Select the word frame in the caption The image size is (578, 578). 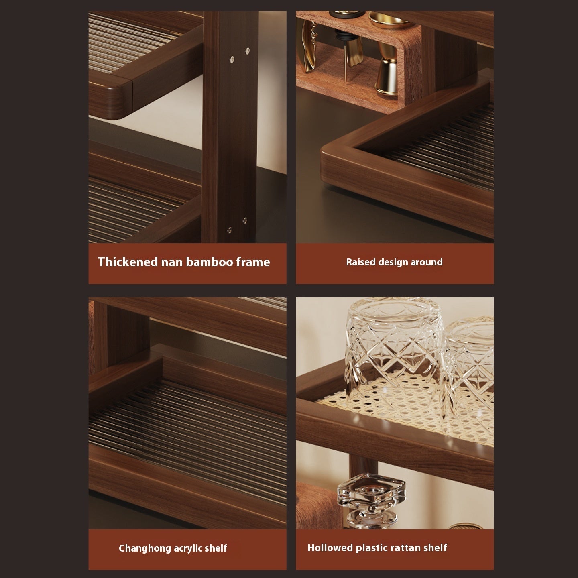(x=253, y=262)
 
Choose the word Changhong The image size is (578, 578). (x=145, y=548)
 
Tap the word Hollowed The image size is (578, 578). (x=330, y=548)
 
